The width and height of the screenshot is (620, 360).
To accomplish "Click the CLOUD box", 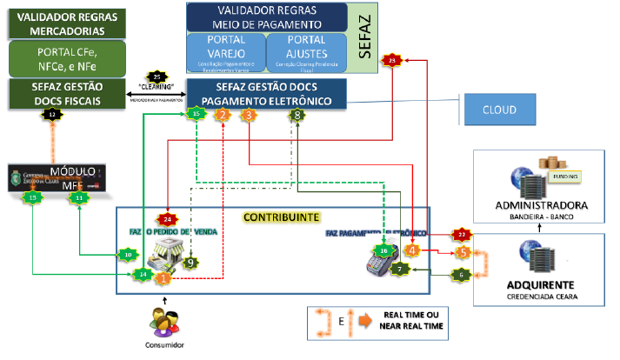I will pyautogui.click(x=501, y=110).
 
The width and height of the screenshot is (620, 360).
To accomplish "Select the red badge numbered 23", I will pyautogui.click(x=392, y=60).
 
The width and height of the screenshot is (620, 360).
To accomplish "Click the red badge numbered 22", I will pyautogui.click(x=462, y=234).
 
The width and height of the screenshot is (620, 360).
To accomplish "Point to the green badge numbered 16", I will pyautogui.click(x=383, y=250).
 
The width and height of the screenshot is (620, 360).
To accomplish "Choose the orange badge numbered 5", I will pyautogui.click(x=463, y=251).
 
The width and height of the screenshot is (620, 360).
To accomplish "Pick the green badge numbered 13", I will pyautogui.click(x=33, y=198).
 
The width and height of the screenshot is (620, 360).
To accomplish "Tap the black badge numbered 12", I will pyautogui.click(x=53, y=114).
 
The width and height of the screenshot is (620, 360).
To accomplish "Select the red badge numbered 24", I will pyautogui.click(x=168, y=219).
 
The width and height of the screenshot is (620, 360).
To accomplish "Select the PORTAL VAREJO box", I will pyautogui.click(x=224, y=52).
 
